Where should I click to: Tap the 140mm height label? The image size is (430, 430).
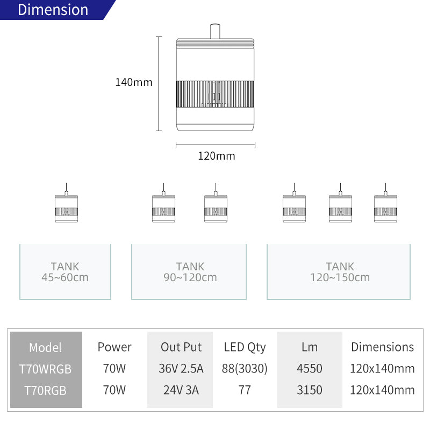[133, 82]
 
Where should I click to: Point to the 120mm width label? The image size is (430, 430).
[217, 156]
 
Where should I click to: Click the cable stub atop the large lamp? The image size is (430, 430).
[215, 31]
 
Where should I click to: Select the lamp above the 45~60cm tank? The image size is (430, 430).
[66, 203]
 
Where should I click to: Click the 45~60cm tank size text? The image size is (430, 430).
[65, 277]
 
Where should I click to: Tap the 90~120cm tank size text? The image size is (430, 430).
[190, 277]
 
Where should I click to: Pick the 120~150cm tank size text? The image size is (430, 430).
[340, 277]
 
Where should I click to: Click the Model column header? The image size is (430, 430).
[45, 347]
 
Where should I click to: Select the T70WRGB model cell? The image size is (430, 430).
[45, 369]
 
